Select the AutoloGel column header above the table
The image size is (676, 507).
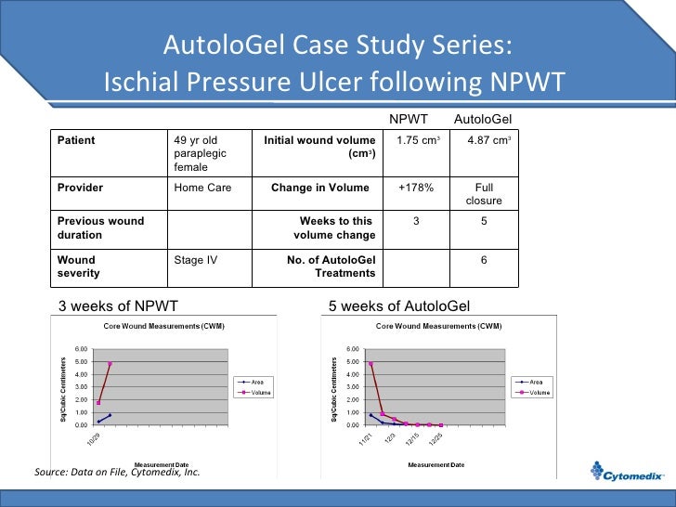coord(482,119)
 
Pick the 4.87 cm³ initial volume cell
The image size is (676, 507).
coord(483,141)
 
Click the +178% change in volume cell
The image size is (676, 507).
coord(416,188)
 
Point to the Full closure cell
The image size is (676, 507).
coord(483,194)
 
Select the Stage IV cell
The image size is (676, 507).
coord(196,260)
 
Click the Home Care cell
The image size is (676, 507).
coord(201,188)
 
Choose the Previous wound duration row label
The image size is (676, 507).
coord(100,228)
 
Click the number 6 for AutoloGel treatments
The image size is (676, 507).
coord(483,260)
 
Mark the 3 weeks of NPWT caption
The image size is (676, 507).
coord(118,305)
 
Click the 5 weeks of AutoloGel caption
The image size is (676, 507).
coord(399,305)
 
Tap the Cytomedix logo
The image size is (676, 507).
coord(627,475)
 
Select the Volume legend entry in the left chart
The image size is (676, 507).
coord(257,393)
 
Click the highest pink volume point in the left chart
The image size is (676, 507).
coord(110,364)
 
